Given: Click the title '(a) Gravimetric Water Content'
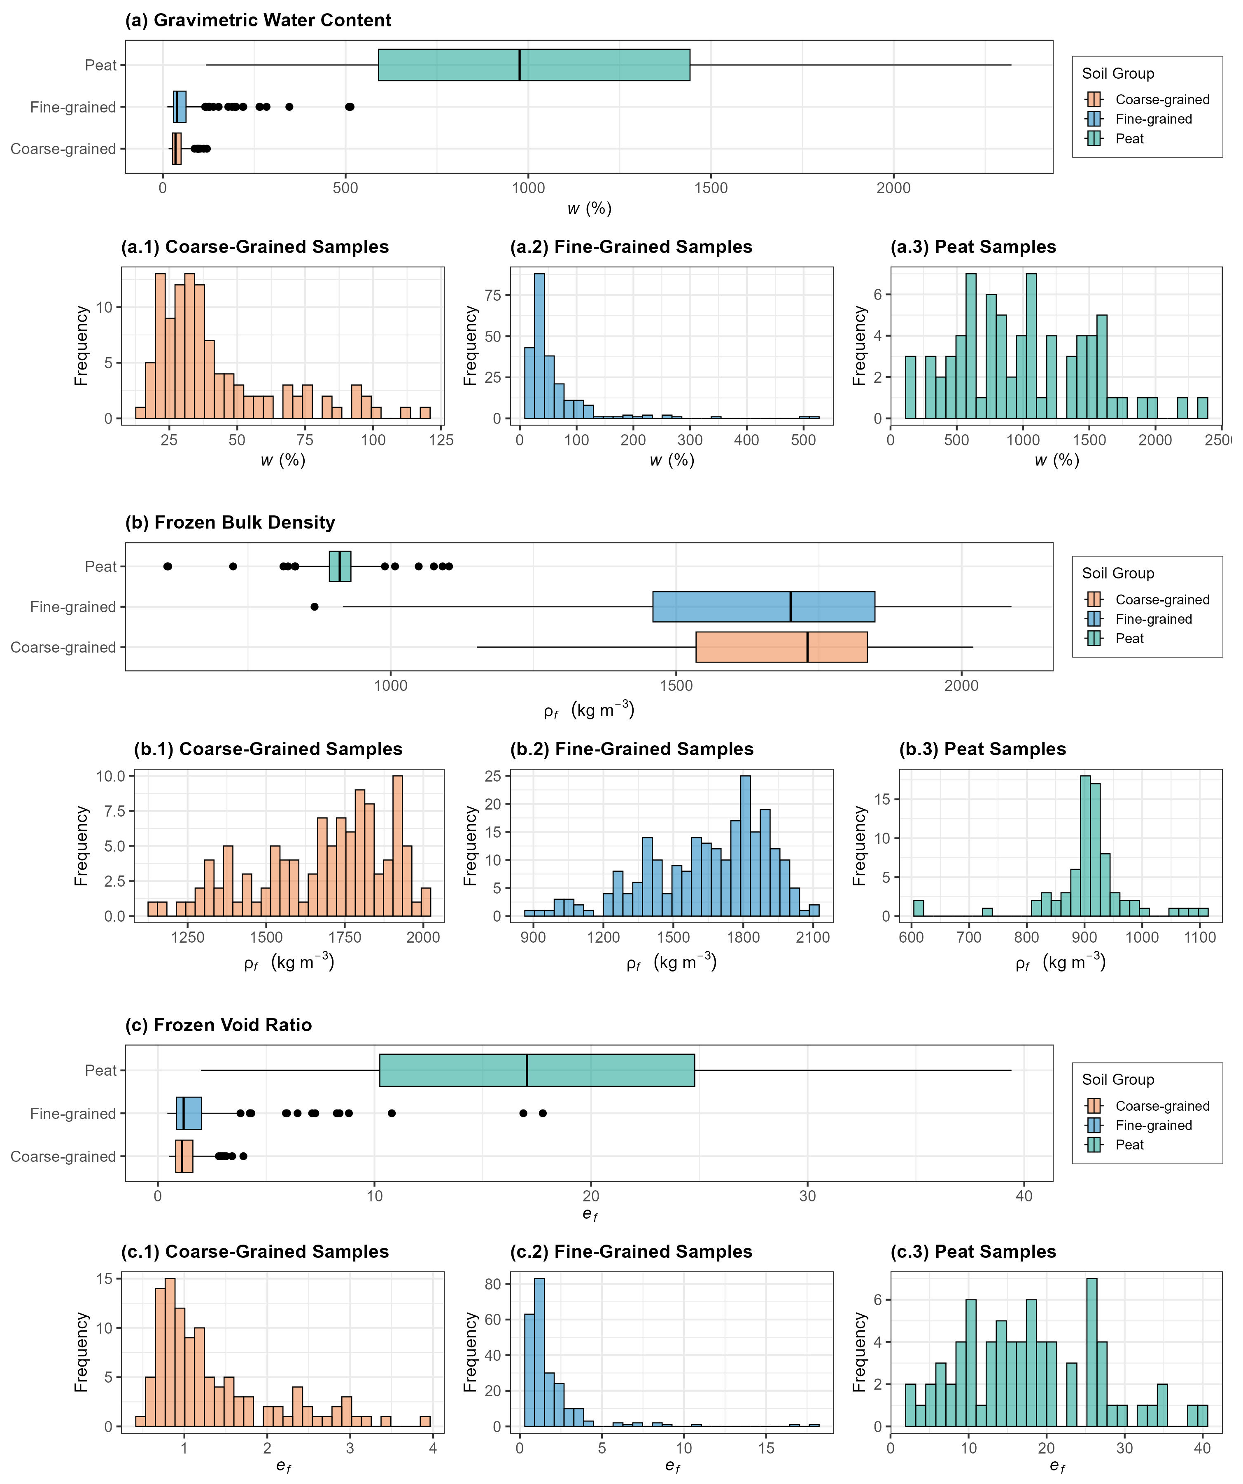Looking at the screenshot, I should [x=258, y=20].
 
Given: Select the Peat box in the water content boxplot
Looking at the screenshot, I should [x=534, y=65].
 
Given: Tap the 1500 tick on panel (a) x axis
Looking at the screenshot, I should [x=711, y=188].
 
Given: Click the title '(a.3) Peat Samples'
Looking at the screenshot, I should [x=973, y=247].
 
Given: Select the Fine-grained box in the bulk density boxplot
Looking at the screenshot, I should [x=763, y=606].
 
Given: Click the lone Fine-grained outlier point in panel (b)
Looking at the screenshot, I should [x=314, y=606].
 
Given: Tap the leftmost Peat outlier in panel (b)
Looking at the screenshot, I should [x=168, y=566].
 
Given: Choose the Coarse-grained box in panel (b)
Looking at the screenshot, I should [x=781, y=647].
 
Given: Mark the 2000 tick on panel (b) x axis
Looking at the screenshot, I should [x=961, y=686].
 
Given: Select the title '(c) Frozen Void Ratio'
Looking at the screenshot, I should [x=218, y=1025].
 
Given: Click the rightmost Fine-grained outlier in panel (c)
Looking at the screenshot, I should [x=542, y=1113].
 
